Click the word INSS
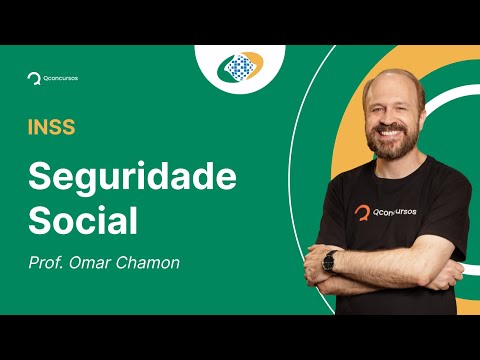51,127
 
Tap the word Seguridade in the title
132,177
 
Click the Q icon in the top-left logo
33,77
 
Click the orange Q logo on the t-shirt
363,212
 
